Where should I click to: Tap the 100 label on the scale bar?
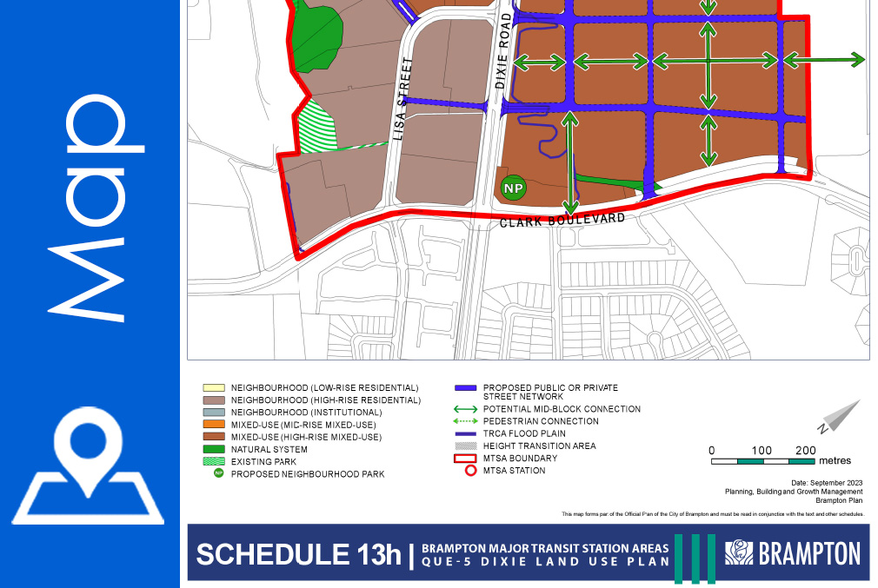[x=761, y=450]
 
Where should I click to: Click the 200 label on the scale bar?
[x=806, y=450]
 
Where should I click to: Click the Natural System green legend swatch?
[x=214, y=450]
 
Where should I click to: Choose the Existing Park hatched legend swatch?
[x=214, y=462]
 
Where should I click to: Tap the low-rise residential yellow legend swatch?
[x=214, y=387]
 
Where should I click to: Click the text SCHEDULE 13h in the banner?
[x=297, y=554]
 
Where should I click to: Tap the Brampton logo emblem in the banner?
[x=740, y=552]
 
